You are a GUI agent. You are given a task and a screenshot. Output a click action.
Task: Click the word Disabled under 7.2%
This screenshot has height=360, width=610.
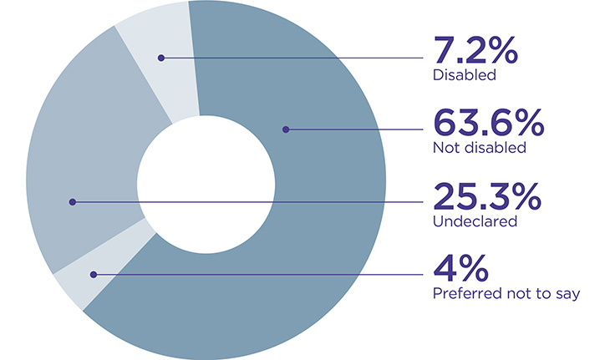(465, 75)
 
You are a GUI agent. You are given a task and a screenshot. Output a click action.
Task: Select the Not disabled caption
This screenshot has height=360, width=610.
(479, 148)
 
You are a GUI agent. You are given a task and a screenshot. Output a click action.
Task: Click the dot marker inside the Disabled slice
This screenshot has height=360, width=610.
(161, 58)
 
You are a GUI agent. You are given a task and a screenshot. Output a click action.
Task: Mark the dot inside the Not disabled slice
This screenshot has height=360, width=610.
(285, 129)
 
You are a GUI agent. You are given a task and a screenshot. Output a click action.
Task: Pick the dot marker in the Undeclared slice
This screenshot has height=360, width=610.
(73, 201)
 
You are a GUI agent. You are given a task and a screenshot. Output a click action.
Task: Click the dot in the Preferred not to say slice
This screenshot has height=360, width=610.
(94, 274)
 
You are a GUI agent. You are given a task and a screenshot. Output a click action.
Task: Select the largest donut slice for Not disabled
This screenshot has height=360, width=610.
(318, 217)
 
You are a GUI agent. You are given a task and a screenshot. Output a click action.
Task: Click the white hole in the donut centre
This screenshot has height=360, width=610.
(206, 180)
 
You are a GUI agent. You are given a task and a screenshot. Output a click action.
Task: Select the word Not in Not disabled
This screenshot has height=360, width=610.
(445, 148)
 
